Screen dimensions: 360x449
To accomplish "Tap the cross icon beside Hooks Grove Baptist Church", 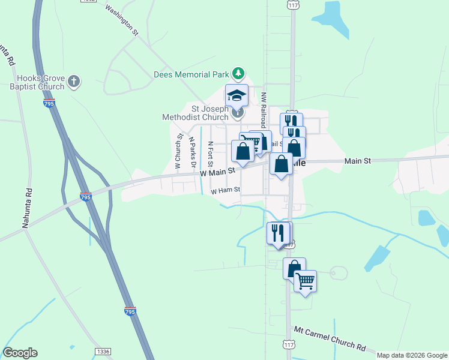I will (x=74, y=82).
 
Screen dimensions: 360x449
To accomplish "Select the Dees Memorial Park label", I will (x=191, y=74).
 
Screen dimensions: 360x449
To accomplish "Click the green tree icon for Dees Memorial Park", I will (x=239, y=73).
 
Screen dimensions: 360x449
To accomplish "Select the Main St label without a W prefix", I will (x=358, y=161).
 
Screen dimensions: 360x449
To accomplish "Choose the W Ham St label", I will (x=225, y=190).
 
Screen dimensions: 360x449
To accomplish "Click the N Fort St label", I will (x=210, y=154).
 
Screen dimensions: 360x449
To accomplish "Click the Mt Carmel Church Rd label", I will (x=330, y=339).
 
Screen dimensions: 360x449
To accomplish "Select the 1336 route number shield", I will (x=103, y=351).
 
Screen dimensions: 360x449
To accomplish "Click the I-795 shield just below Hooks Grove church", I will (x=50, y=104).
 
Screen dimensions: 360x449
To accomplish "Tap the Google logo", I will (x=20, y=353).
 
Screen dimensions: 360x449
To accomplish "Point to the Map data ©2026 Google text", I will (x=412, y=355).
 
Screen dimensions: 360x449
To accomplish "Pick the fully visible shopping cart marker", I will (x=305, y=281).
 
